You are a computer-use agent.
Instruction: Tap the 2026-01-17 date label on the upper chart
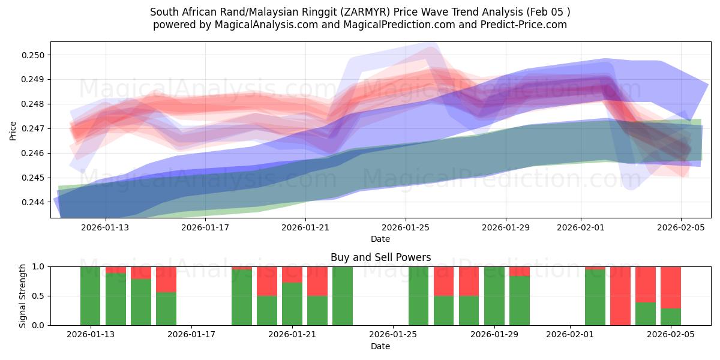click(206, 227)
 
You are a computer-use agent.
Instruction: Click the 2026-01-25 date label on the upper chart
click(406, 227)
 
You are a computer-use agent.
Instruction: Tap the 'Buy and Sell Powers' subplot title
click(380, 257)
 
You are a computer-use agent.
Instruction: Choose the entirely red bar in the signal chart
click(620, 296)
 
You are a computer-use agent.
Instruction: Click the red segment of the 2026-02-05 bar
click(671, 287)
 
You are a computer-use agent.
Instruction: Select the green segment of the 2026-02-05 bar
click(671, 317)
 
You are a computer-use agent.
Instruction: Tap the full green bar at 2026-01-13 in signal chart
click(90, 296)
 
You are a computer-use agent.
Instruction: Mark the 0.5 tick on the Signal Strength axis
click(39, 296)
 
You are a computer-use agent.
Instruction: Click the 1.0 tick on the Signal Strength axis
click(39, 266)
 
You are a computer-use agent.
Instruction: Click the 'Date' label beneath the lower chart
click(380, 346)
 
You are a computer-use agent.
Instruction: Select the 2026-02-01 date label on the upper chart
click(580, 227)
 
